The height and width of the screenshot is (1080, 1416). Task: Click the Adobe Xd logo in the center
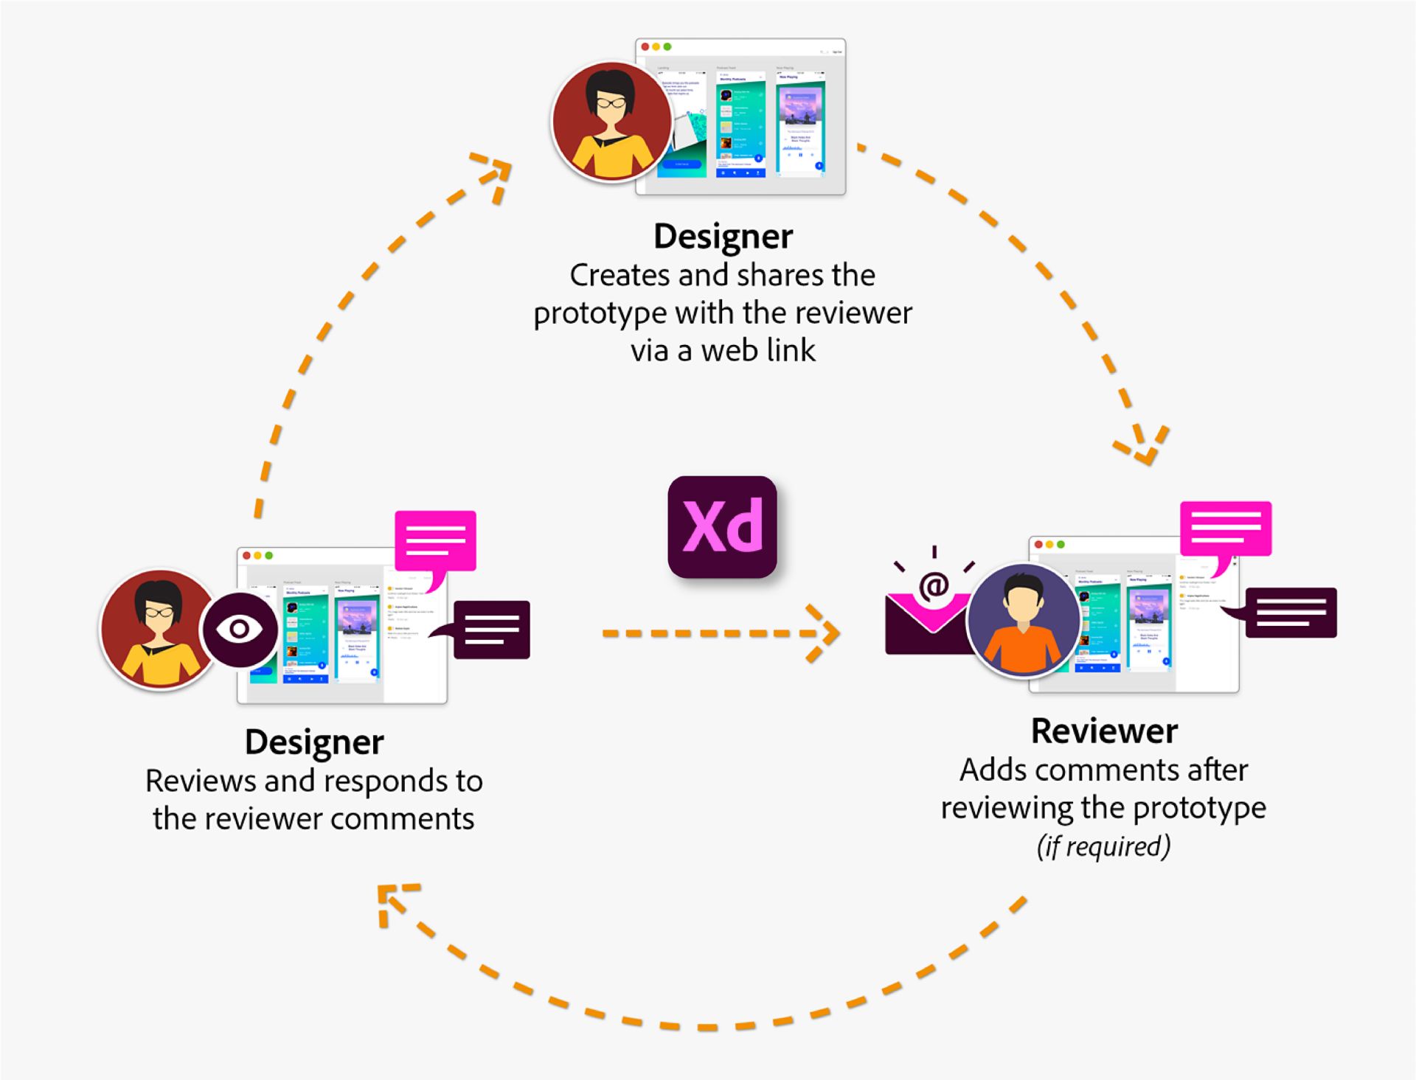tap(722, 526)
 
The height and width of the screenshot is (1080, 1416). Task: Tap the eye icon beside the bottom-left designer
tap(239, 629)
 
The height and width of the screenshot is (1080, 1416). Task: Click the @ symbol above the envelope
tap(934, 586)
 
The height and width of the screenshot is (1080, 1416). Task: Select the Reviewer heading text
tap(1104, 731)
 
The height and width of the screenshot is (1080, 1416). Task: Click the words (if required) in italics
tap(1103, 846)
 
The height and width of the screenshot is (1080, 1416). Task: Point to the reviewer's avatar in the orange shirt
tap(1023, 621)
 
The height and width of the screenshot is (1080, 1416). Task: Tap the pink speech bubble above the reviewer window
tap(1225, 529)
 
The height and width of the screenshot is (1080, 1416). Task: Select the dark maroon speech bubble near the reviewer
tap(1290, 613)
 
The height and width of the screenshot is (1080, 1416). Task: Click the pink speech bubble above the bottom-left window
tap(435, 541)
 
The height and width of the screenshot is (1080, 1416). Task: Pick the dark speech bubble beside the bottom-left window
tap(491, 630)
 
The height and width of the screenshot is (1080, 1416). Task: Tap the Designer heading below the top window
tap(723, 237)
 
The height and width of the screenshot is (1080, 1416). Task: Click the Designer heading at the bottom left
tap(314, 742)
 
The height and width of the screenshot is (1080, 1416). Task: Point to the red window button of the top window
tap(645, 46)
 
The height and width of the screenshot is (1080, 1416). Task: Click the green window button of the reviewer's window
tap(1061, 544)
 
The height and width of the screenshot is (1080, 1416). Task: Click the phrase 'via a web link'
tap(723, 350)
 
